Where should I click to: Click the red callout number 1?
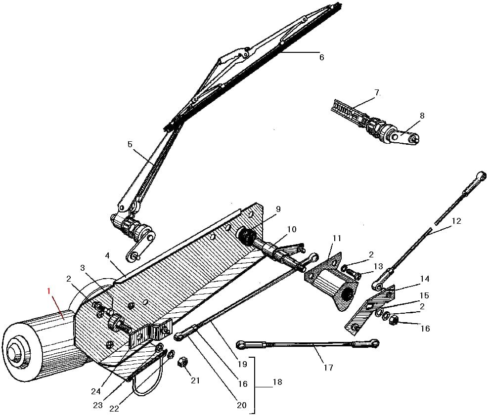(x=48, y=292)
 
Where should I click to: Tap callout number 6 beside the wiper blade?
(x=321, y=57)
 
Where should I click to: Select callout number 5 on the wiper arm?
(x=130, y=145)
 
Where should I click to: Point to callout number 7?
(x=377, y=92)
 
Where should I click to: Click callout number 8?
(x=422, y=116)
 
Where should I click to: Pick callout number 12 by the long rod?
(x=456, y=221)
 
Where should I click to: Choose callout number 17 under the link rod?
(x=328, y=368)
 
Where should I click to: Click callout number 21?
(x=196, y=380)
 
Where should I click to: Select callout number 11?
(x=337, y=238)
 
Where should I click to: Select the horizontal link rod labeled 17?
(x=307, y=343)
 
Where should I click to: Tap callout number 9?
(x=278, y=209)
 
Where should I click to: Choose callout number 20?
(x=241, y=405)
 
